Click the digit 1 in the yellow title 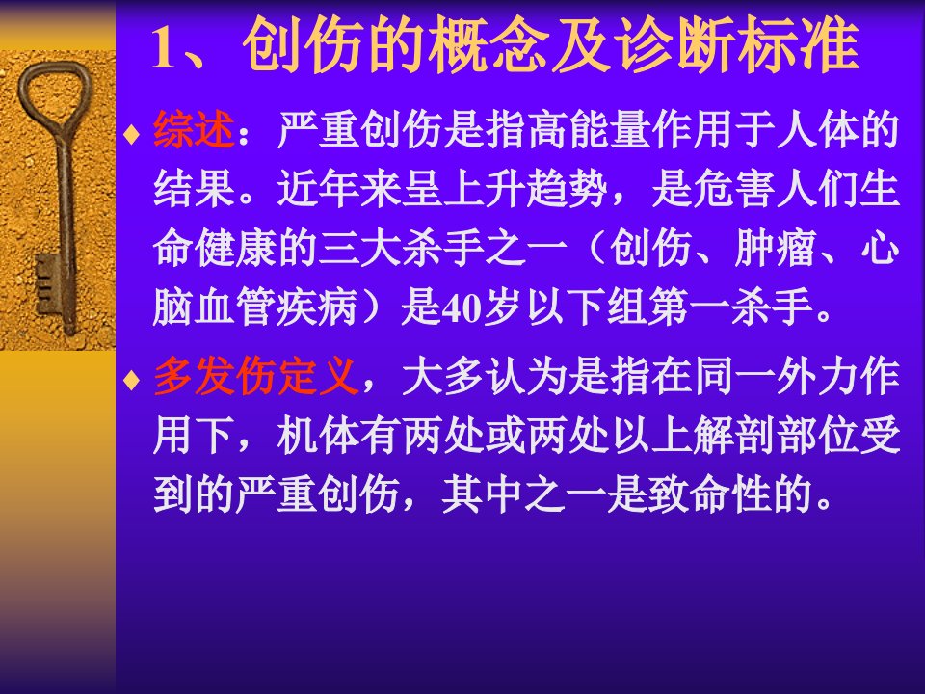(165, 48)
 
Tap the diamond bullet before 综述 (132, 134)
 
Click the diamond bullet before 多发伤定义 (132, 380)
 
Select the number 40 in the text (462, 308)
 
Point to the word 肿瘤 (775, 248)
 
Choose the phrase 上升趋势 (525, 189)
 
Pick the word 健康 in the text (236, 248)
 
